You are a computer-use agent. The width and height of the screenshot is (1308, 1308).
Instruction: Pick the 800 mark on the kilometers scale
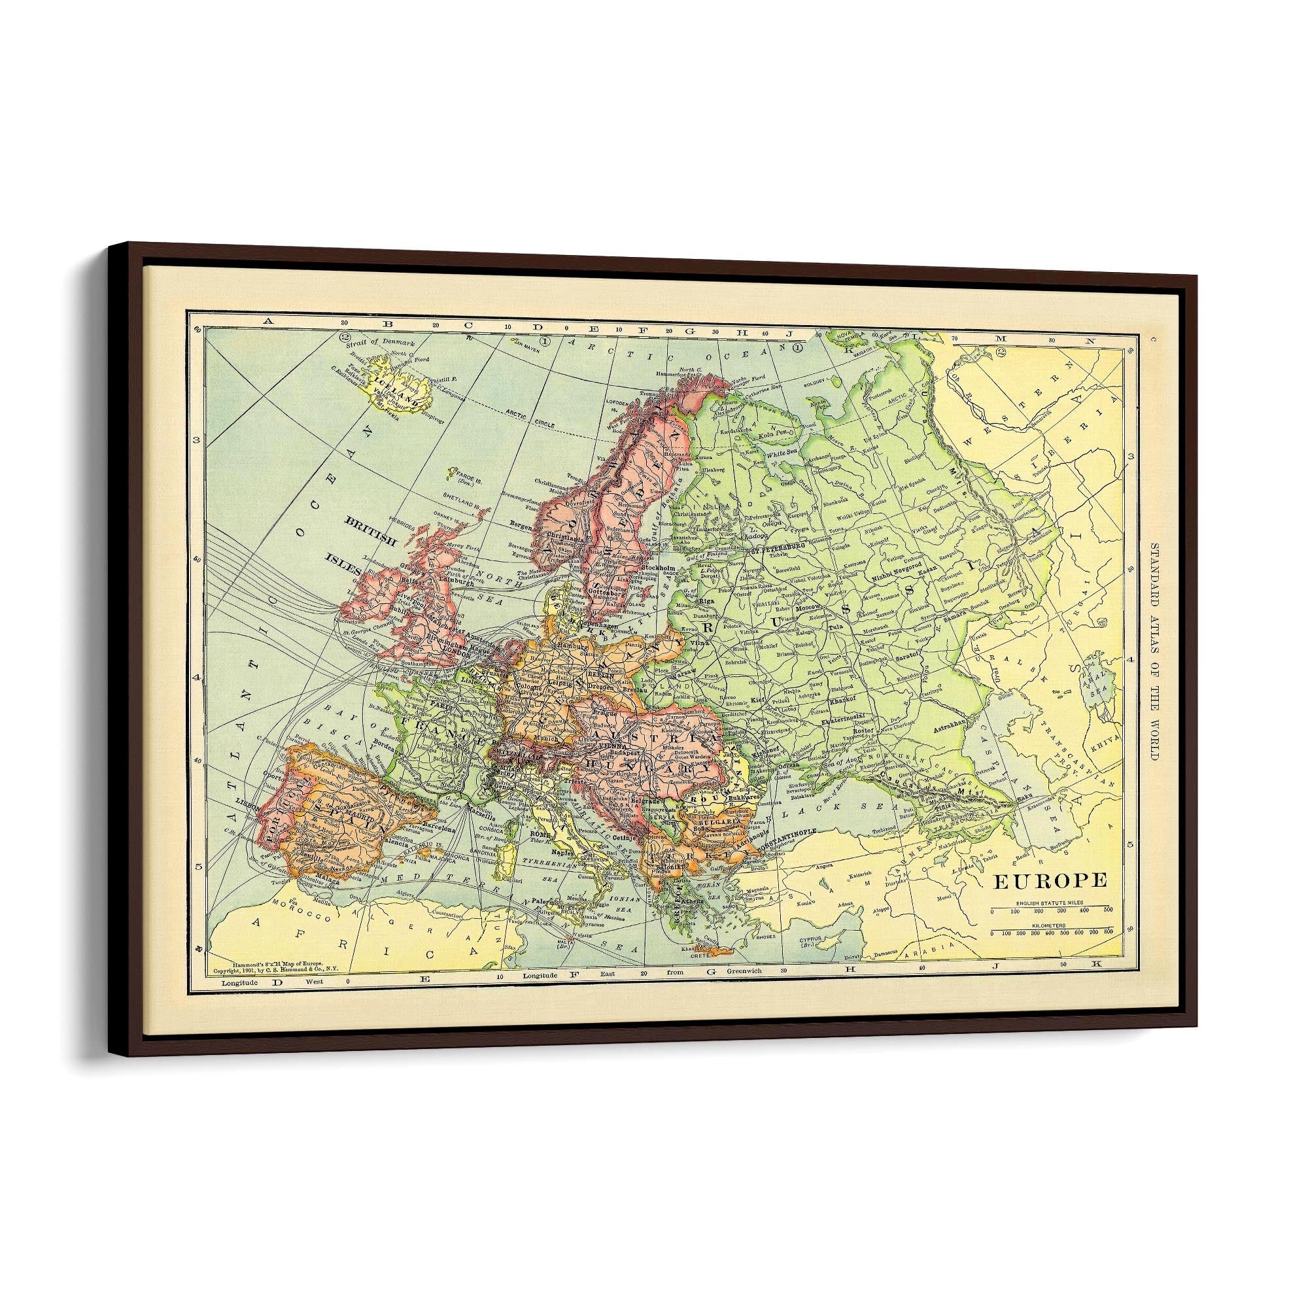point(1108,933)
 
